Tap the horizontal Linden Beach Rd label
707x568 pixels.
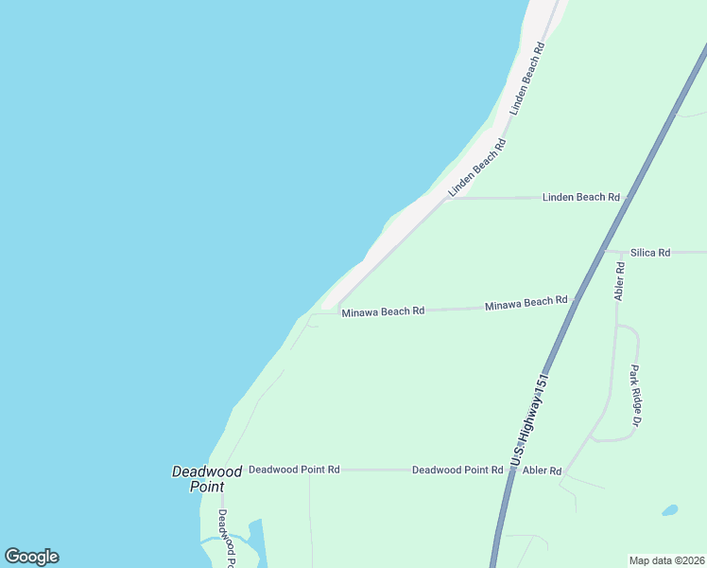click(x=580, y=197)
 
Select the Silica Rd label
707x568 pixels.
click(x=650, y=253)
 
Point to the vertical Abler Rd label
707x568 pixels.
click(x=620, y=281)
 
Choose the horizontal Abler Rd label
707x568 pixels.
click(x=542, y=470)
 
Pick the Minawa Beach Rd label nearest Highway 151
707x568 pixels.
click(x=526, y=303)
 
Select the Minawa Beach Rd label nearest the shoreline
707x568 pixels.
click(x=382, y=311)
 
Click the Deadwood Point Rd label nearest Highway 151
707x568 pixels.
click(x=457, y=470)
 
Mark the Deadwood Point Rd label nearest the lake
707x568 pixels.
click(x=293, y=470)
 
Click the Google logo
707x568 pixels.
click(x=31, y=557)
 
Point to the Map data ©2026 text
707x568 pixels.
click(x=666, y=559)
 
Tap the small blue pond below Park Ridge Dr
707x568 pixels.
click(x=669, y=510)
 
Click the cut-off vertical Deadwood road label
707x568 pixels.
click(x=225, y=536)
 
